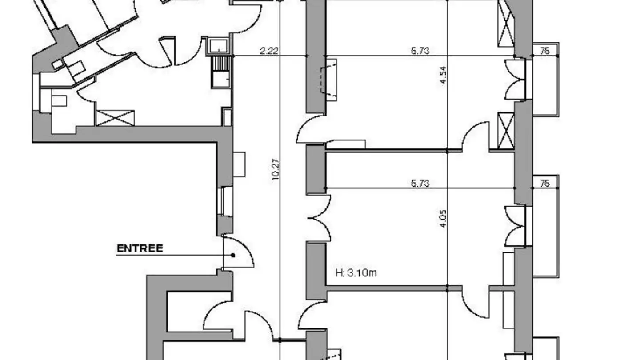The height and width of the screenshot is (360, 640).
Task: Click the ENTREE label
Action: [140, 248]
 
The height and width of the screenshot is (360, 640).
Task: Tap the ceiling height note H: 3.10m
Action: [356, 273]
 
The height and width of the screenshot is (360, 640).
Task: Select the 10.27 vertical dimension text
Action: [276, 169]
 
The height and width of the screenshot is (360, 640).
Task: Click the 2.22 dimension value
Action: [269, 51]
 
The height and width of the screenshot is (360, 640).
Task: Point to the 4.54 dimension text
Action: [443, 75]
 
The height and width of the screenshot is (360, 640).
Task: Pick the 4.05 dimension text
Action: [443, 219]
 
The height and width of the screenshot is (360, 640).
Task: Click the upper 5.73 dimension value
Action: [420, 51]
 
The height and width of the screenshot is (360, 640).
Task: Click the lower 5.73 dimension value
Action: [420, 183]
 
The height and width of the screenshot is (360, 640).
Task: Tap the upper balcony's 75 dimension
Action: [545, 51]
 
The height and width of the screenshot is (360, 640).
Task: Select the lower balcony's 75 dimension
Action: [545, 183]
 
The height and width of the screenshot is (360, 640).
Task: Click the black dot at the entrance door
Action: [233, 255]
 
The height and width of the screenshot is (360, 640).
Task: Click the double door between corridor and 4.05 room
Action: [319, 218]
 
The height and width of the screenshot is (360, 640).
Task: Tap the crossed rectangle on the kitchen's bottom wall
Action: [115, 118]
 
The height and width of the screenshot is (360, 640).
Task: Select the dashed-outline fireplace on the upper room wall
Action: [328, 80]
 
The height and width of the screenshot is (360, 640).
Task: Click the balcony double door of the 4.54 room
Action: [515, 80]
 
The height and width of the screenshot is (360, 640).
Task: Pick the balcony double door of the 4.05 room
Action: [515, 226]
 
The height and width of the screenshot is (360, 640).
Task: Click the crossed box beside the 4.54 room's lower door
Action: [506, 131]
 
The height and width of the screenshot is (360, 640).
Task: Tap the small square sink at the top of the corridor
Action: [218, 46]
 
